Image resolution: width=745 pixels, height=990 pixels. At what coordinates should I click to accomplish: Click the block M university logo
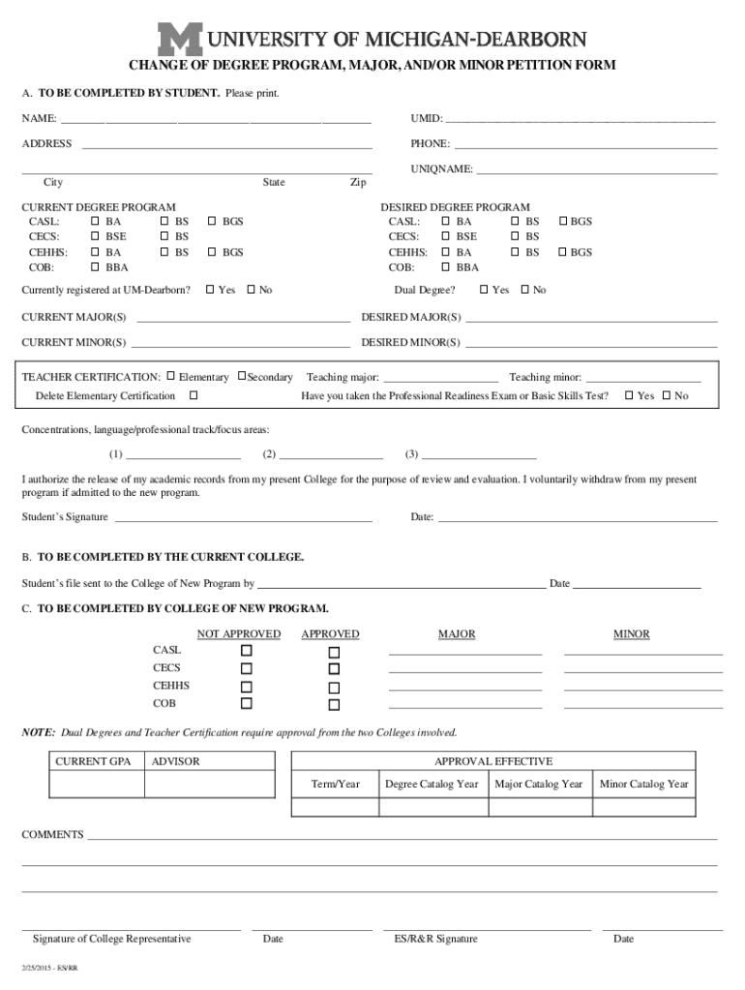tap(181, 40)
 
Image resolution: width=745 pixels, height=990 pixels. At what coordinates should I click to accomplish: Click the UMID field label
tap(426, 119)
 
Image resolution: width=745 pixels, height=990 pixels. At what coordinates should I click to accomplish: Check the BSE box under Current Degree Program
tap(95, 237)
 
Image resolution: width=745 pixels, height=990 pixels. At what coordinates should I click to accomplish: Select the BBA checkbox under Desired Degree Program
tap(446, 268)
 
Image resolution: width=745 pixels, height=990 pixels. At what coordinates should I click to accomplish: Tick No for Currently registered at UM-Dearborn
tap(252, 290)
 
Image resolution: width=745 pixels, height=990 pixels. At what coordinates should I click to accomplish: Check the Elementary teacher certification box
tap(170, 376)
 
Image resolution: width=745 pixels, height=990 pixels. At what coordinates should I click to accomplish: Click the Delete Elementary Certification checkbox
tap(194, 395)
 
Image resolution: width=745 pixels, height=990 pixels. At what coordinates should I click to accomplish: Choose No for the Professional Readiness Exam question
tap(666, 395)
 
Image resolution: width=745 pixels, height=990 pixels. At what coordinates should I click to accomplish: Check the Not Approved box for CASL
tap(246, 651)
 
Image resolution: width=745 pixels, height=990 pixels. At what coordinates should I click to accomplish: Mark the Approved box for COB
tap(334, 705)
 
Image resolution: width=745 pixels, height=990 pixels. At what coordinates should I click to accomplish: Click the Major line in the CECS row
tap(464, 670)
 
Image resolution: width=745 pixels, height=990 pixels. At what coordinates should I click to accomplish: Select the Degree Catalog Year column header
tap(432, 784)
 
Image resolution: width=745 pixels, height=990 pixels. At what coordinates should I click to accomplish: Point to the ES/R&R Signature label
tap(435, 939)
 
